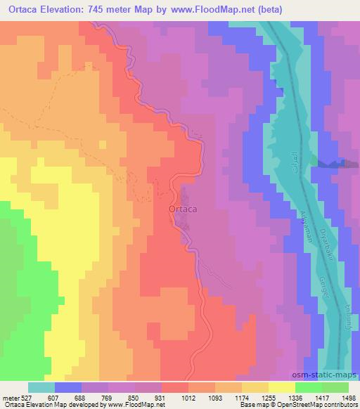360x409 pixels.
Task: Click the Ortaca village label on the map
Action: click(182, 209)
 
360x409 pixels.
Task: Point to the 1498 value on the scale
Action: click(349, 397)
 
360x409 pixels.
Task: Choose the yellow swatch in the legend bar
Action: click(281, 387)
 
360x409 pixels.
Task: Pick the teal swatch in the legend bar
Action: click(41, 387)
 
